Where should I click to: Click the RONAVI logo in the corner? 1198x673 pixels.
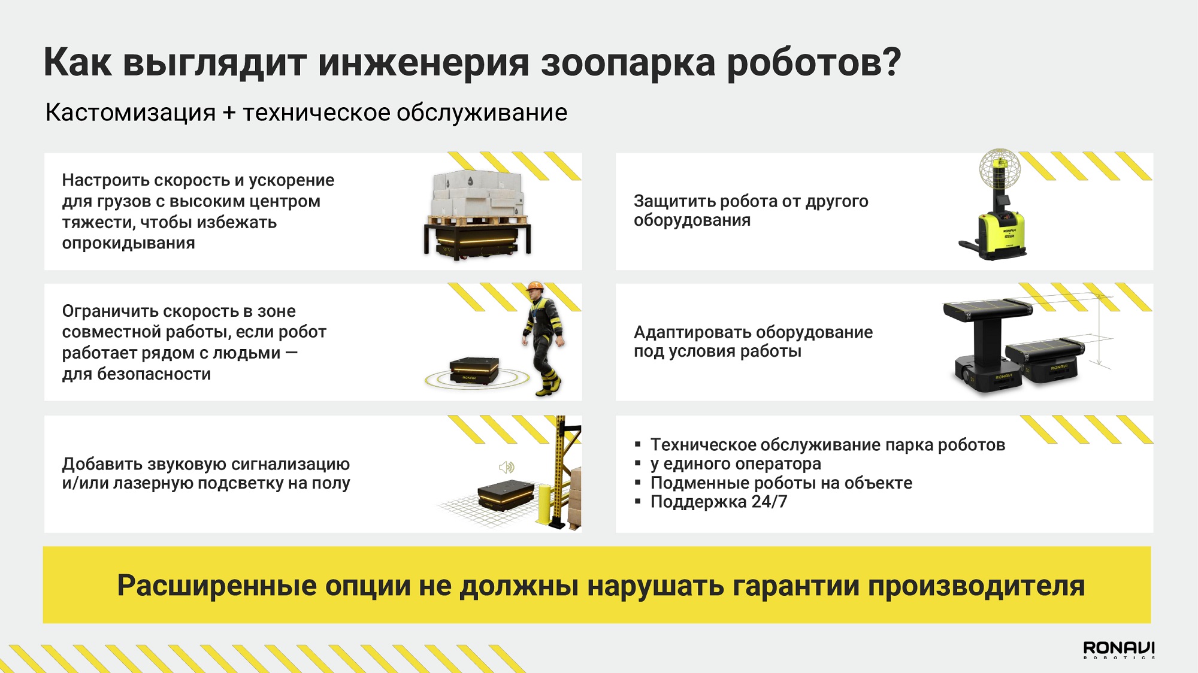point(1118,650)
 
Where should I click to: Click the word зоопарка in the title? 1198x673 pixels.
point(628,63)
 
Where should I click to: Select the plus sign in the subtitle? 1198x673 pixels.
point(229,113)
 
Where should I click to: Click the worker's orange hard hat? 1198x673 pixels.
point(534,286)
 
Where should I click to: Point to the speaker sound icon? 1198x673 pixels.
point(507,467)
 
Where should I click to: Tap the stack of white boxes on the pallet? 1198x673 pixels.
point(477,193)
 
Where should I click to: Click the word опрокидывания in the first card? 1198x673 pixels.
point(128,244)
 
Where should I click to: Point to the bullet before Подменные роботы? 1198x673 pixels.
point(638,483)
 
